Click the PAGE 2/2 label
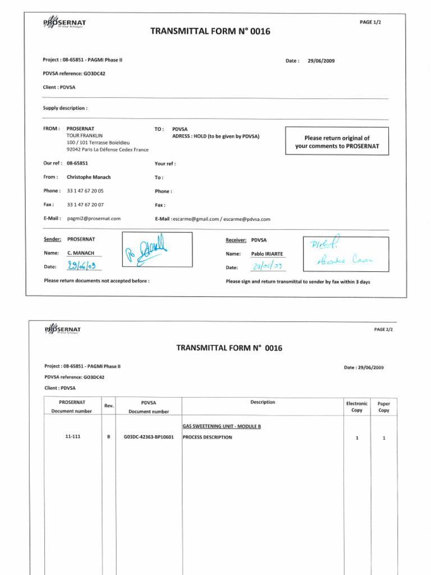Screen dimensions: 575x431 click(383, 329)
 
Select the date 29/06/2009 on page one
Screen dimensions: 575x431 click(321, 61)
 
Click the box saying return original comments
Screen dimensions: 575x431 click(337, 142)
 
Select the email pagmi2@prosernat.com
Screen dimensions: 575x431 click(94, 218)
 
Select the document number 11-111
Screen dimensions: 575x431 click(72, 436)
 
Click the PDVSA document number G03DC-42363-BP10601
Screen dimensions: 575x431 click(148, 437)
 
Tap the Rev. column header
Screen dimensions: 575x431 click(109, 406)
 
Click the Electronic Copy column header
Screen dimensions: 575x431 click(357, 407)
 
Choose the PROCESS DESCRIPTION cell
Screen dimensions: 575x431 click(208, 437)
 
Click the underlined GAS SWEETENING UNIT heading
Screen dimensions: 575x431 click(222, 426)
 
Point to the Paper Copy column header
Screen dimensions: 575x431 click(384, 407)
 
